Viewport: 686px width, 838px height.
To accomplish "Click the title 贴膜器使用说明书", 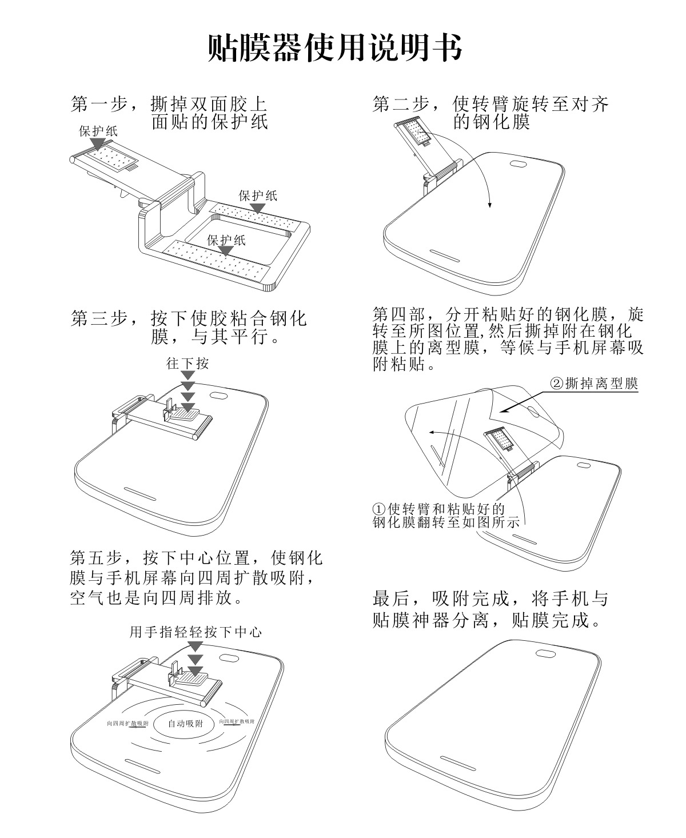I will coord(334,47).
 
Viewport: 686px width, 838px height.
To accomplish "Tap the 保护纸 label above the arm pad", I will coord(98,131).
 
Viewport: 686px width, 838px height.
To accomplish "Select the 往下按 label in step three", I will coord(188,364).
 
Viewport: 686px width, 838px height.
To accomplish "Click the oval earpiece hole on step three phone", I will coord(220,395).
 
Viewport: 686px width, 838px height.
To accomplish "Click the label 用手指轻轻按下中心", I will coord(196,632).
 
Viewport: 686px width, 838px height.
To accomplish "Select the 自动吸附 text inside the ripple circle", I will coord(185,724).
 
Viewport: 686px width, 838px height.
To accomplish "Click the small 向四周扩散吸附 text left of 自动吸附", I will coord(127,723).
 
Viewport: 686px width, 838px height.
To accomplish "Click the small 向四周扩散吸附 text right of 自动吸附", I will coord(237,721).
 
